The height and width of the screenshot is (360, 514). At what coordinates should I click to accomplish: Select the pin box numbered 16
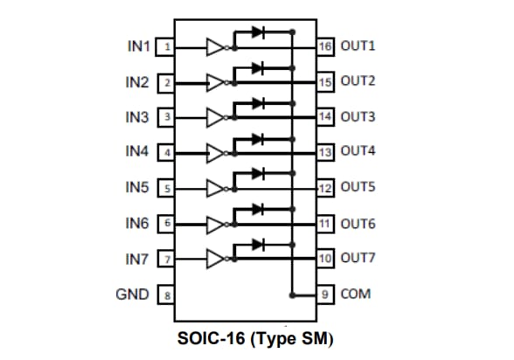click(325, 46)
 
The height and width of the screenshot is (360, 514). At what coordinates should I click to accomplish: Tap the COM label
click(356, 294)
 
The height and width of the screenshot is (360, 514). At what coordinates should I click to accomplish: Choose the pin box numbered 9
click(325, 294)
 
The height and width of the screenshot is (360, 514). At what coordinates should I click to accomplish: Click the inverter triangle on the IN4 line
click(215, 153)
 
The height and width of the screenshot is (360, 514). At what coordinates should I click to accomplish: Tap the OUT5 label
click(358, 188)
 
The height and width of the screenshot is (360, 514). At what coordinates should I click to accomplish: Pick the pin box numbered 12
click(325, 188)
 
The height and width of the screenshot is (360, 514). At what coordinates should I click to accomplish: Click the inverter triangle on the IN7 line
click(215, 260)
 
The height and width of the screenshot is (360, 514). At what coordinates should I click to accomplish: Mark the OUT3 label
click(358, 116)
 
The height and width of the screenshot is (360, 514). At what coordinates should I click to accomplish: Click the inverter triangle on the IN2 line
click(215, 82)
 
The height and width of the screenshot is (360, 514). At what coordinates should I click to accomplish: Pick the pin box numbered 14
click(325, 116)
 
